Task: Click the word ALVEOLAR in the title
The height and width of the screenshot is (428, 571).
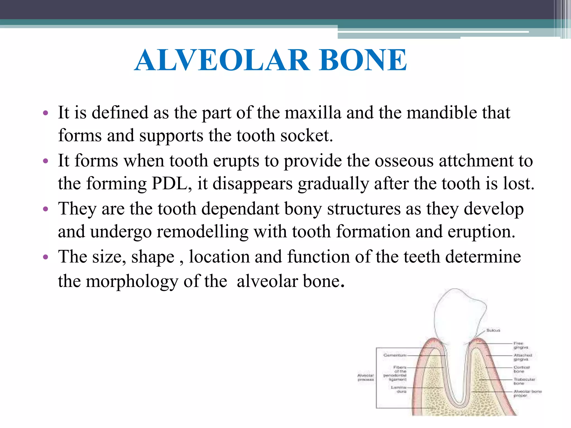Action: pyautogui.click(x=222, y=60)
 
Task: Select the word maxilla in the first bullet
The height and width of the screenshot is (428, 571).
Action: pyautogui.click(x=313, y=113)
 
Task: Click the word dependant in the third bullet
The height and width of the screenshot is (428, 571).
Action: pyautogui.click(x=240, y=209)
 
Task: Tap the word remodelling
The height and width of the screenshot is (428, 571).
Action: pyautogui.click(x=202, y=232)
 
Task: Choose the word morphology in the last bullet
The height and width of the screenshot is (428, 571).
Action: pyautogui.click(x=132, y=281)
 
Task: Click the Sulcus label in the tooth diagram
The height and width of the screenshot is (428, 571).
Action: pyautogui.click(x=493, y=330)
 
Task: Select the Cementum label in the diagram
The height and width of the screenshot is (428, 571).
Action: pyautogui.click(x=395, y=355)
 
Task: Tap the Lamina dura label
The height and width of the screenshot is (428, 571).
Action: pyautogui.click(x=399, y=390)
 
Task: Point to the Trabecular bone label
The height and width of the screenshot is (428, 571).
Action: pyautogui.click(x=524, y=381)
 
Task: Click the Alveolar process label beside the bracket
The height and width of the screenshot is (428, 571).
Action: pyautogui.click(x=366, y=378)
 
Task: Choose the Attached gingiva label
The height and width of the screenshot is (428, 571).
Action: pyautogui.click(x=523, y=357)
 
